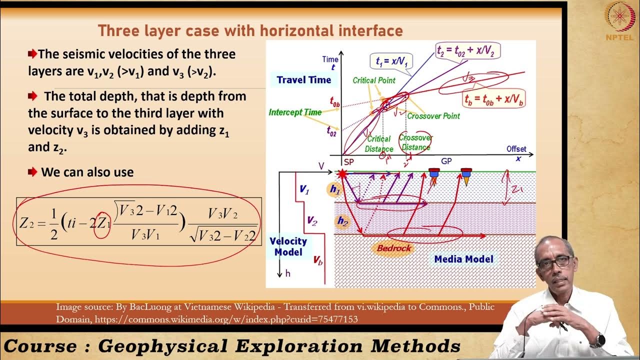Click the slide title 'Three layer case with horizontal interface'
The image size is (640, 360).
[250, 31]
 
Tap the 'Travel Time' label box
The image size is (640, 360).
[303, 79]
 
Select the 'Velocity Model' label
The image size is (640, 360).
[288, 246]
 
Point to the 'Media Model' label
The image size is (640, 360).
[463, 259]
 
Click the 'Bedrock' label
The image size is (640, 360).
[393, 248]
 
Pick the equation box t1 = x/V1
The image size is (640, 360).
[392, 61]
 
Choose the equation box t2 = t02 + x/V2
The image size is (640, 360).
[467, 51]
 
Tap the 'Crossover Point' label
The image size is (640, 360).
[433, 115]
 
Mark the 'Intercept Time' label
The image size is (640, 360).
[295, 112]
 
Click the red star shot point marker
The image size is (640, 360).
[342, 174]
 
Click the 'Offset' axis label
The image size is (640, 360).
[516, 149]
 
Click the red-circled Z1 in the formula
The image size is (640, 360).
[102, 223]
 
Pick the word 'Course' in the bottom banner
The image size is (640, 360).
[40, 346]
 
